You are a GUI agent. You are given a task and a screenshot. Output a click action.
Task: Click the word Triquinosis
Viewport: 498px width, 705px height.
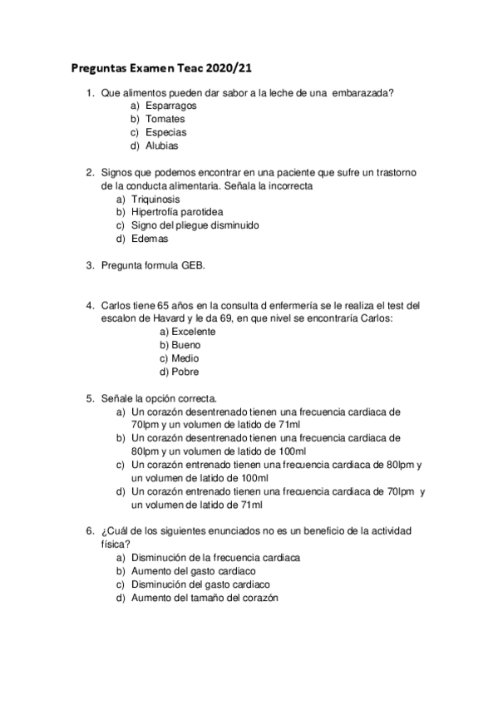coord(155,200)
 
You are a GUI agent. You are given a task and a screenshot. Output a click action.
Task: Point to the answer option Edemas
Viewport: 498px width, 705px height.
coord(150,239)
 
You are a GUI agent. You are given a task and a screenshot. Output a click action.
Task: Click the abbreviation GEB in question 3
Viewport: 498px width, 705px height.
coord(193,266)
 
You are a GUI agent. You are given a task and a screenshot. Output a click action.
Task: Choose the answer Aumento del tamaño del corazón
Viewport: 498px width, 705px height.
coord(205,598)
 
